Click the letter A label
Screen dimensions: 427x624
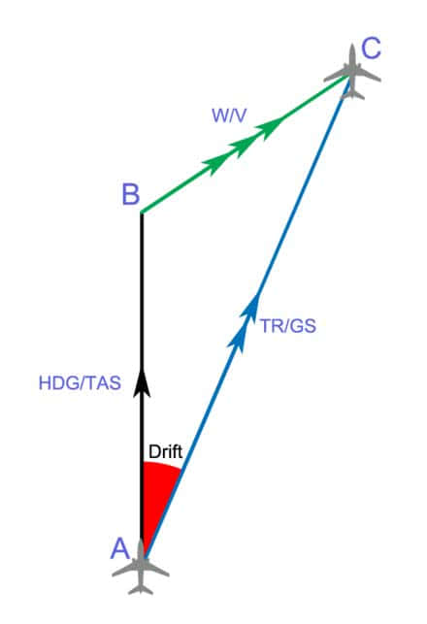120,548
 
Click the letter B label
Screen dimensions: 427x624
131,195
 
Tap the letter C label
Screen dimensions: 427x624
372,48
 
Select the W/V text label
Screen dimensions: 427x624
229,115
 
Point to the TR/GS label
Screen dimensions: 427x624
288,326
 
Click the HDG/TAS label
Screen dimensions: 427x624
80,383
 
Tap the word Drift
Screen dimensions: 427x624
165,452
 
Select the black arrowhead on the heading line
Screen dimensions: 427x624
142,382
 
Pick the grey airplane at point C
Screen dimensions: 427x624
352,73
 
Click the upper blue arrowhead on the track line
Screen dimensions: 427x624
251,308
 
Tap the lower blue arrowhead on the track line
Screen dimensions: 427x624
238,340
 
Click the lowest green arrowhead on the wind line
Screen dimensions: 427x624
215,166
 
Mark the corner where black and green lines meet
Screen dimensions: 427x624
142,213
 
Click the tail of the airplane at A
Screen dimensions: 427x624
141,588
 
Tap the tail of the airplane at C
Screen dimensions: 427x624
352,94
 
